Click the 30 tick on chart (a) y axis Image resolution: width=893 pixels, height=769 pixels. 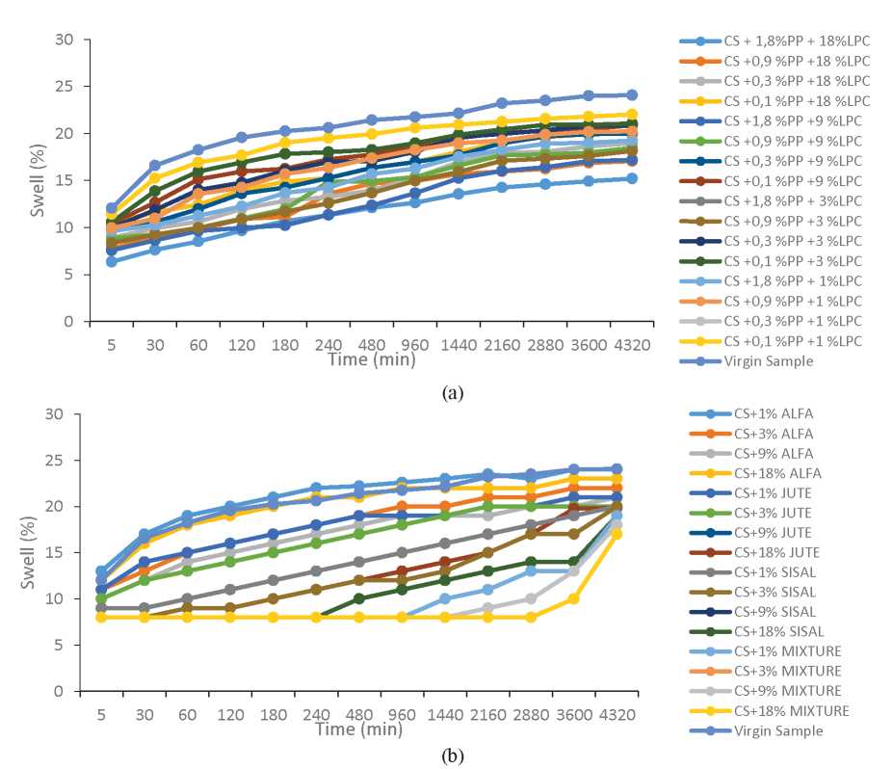pos(66,40)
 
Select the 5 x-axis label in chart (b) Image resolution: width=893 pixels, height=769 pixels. pos(101,714)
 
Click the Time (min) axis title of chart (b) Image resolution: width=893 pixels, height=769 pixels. pos(357,729)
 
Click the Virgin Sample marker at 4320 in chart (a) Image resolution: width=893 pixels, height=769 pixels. pos(632,95)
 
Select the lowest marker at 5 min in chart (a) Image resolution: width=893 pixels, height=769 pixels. pos(112,261)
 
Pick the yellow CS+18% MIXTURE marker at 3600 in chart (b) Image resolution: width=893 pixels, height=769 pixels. pos(573,598)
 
